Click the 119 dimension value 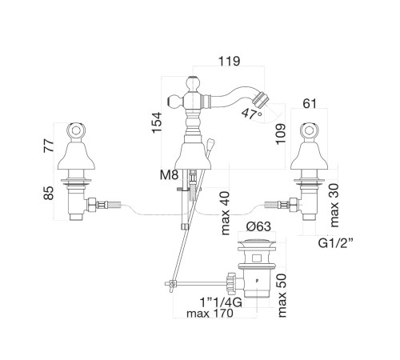tap(229, 61)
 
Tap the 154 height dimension tap(157, 122)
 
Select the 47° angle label tap(252, 114)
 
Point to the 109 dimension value tap(280, 134)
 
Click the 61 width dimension tap(310, 103)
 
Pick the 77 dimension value tap(49, 146)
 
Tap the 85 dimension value tap(49, 193)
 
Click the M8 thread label tap(169, 175)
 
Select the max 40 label tap(226, 214)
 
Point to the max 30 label tap(334, 206)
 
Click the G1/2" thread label tap(336, 243)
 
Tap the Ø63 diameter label tap(258, 226)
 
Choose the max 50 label tap(282, 295)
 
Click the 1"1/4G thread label tap(221, 302)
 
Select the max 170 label tap(210, 314)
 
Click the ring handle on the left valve tap(76, 131)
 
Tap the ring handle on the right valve tap(309, 131)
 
